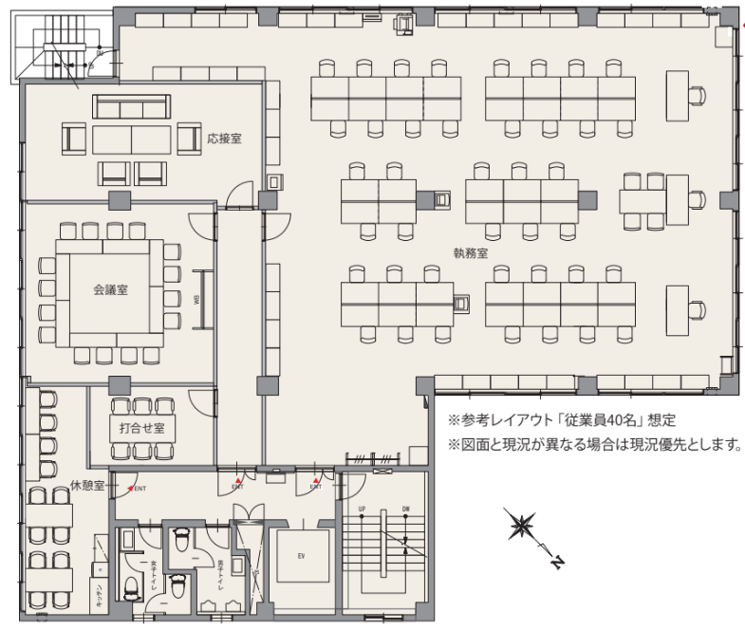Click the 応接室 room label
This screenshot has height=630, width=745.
click(x=224, y=139)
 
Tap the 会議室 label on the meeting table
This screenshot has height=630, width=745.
click(x=111, y=292)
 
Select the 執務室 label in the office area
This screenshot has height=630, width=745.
click(x=470, y=253)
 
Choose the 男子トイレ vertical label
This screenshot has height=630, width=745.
click(x=219, y=574)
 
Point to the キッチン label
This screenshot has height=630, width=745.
click(x=97, y=596)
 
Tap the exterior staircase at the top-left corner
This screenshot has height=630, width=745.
click(x=62, y=47)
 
